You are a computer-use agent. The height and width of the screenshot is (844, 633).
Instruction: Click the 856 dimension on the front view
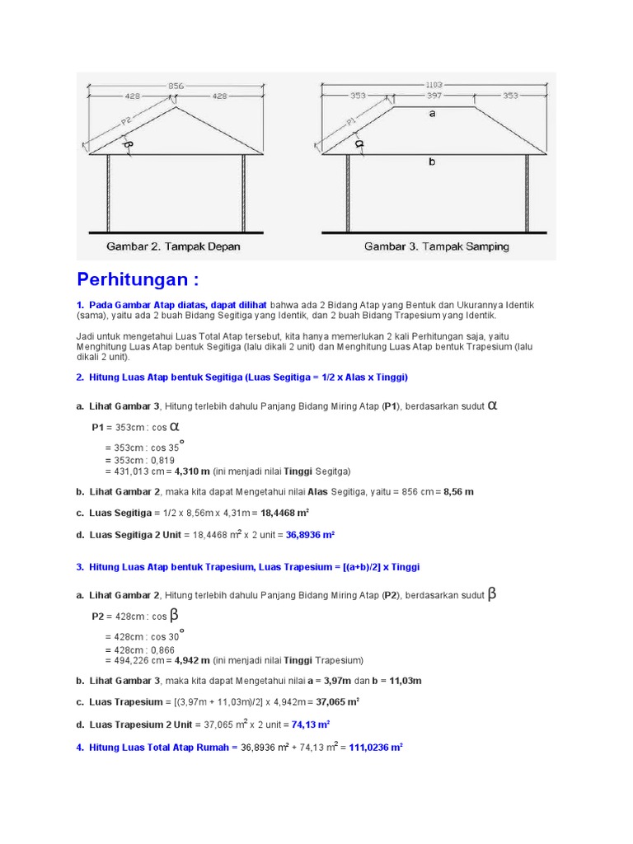(175, 85)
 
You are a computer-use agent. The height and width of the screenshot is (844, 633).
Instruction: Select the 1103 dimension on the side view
(434, 85)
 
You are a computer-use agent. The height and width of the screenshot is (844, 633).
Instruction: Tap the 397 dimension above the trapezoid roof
(434, 96)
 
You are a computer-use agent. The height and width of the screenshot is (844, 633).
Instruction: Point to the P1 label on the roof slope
(352, 121)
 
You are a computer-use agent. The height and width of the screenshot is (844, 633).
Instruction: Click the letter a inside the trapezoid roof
(432, 115)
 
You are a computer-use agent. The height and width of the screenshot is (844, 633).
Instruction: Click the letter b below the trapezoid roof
(432, 162)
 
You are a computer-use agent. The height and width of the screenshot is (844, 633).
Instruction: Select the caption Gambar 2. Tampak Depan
(173, 246)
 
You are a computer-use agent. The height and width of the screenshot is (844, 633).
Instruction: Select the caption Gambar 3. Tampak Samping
(437, 246)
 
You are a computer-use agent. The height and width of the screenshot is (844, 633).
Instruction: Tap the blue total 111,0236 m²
(375, 748)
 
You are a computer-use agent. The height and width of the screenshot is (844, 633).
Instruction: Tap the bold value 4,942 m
(191, 660)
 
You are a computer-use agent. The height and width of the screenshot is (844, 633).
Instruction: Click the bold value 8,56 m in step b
(458, 491)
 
